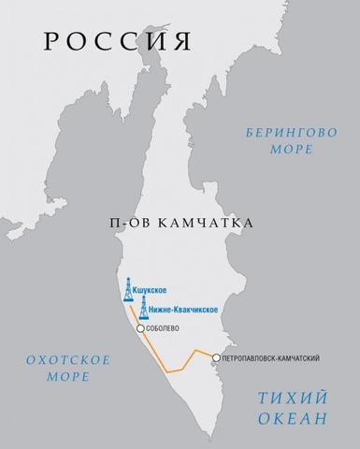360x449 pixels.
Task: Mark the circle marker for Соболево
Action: point(140,329)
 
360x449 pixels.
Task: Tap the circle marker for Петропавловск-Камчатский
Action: point(216,357)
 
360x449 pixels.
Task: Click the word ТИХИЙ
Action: point(291,398)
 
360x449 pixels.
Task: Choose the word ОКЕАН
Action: point(291,418)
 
